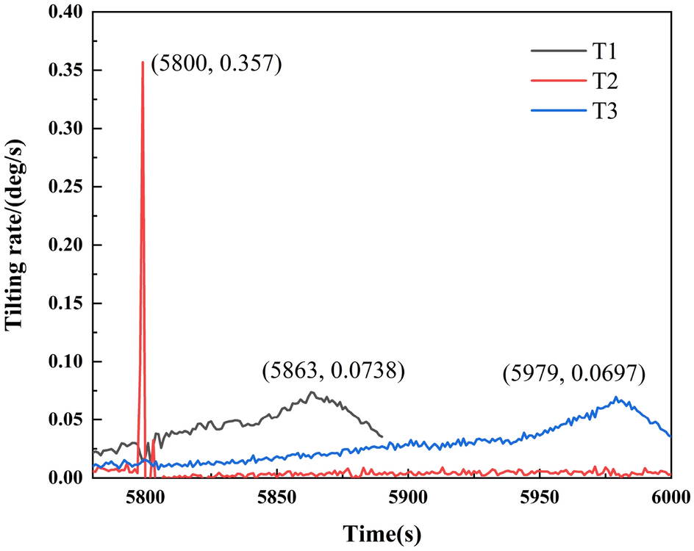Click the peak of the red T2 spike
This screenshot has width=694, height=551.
(143, 62)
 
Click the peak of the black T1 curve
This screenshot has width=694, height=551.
(312, 392)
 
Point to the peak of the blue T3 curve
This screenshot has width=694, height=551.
(616, 397)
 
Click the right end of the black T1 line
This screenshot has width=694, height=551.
(382, 436)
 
